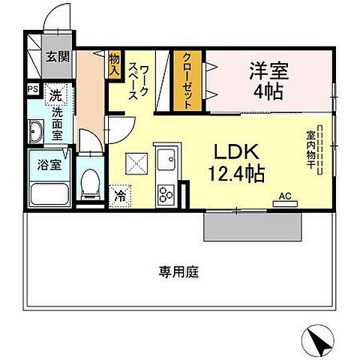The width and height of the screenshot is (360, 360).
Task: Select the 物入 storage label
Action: [x=115, y=61]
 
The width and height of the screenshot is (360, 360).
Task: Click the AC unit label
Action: [x=284, y=197]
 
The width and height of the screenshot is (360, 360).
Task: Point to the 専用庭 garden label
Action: [x=178, y=271]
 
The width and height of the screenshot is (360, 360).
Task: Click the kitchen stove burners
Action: [x=165, y=193]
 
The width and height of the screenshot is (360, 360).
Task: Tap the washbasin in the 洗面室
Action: [x=36, y=133]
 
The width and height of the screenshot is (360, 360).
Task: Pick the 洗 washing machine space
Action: [x=55, y=97]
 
